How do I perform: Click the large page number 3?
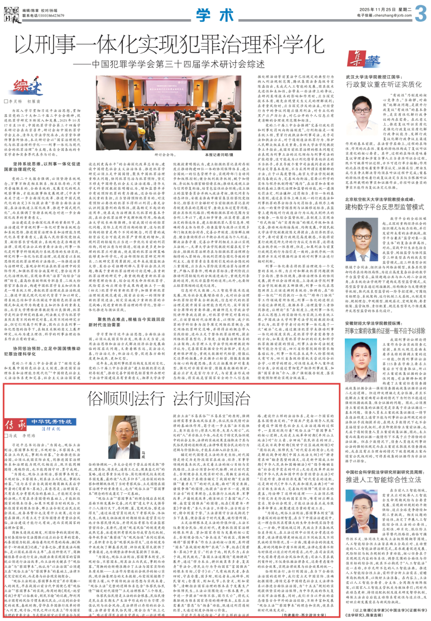point(421,13)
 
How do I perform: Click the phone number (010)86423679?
point(51,16)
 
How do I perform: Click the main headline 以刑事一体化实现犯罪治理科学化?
point(169,45)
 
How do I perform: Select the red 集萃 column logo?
point(364,59)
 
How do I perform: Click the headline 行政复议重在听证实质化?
point(383,84)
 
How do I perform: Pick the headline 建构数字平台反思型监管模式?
point(384,207)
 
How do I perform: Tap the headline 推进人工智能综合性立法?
point(383,479)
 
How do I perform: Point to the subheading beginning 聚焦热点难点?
point(131,322)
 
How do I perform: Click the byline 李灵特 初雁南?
point(25,102)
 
